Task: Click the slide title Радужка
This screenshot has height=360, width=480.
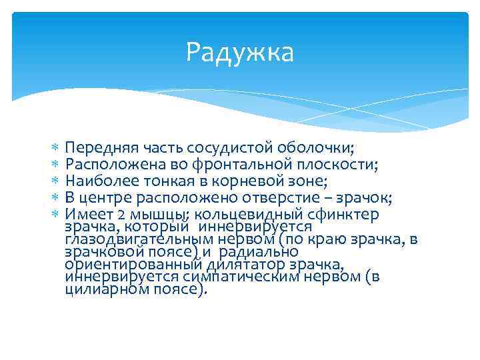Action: pyautogui.click(x=240, y=52)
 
